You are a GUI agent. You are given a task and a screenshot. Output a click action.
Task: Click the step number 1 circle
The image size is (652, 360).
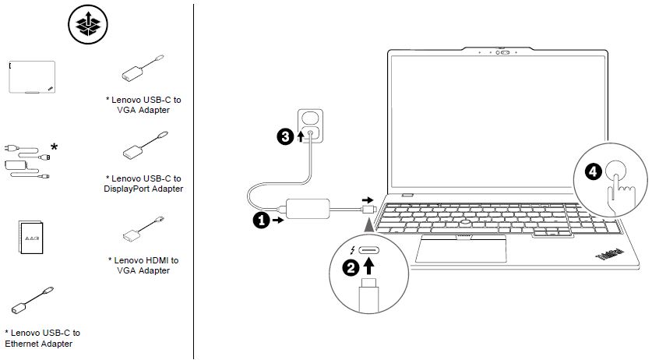click(x=261, y=221)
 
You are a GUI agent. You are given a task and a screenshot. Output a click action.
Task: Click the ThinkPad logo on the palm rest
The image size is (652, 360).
click(x=608, y=254)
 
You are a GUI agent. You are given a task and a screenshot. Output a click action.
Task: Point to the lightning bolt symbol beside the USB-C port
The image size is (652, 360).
click(x=354, y=250)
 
